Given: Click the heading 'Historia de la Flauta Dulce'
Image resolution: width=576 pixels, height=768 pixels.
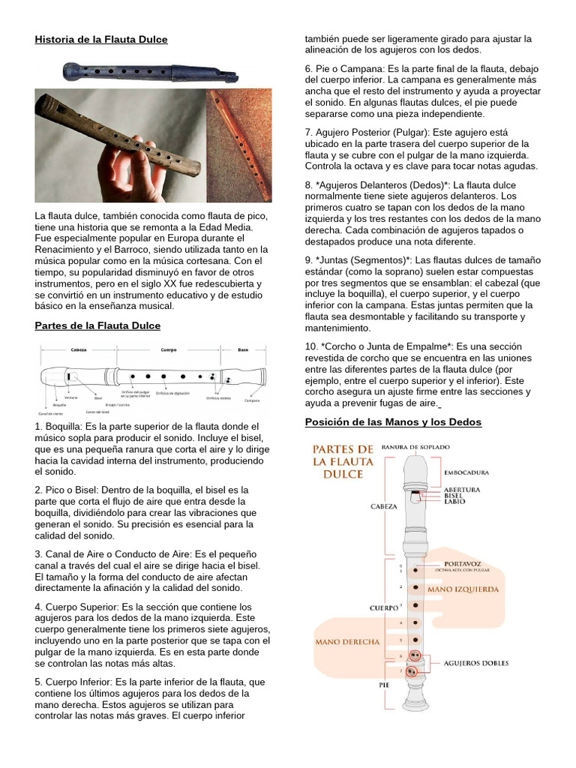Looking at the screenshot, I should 101,39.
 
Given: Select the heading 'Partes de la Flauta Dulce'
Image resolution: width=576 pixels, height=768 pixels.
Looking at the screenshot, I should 97,325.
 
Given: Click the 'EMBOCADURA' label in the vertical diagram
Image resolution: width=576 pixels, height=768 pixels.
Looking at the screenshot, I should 466,473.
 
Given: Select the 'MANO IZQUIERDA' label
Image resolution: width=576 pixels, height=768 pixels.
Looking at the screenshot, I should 463,589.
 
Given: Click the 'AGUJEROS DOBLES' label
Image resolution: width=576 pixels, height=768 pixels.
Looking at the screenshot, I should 475,663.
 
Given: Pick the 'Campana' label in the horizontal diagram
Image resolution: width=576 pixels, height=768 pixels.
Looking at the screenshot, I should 252,400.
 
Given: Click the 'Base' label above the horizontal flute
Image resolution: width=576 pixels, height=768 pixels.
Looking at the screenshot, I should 242,349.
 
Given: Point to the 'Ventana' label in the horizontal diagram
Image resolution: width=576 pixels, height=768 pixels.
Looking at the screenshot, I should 71,398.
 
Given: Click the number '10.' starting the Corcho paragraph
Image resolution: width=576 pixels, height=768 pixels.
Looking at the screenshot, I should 312,346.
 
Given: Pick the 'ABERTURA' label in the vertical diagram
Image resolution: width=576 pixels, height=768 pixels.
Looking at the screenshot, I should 462,490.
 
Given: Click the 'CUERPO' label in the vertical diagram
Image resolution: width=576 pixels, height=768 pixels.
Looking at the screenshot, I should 383,607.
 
